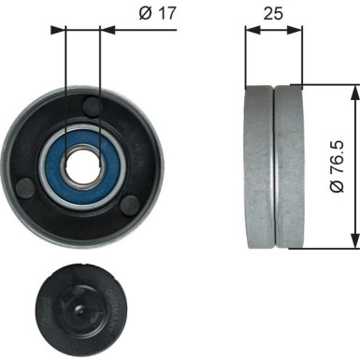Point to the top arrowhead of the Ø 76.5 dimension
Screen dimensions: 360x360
(352, 91)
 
